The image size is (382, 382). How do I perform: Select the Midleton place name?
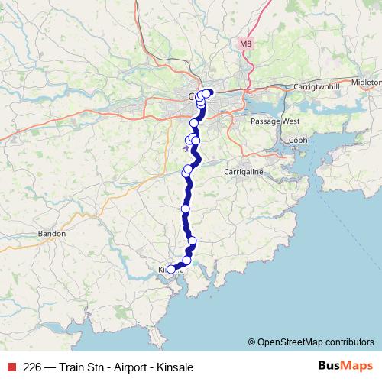[x=367, y=81]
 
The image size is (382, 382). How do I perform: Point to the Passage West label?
[x=275, y=121]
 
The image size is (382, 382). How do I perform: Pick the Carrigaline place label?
[x=243, y=172]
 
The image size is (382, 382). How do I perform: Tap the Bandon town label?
[x=52, y=234]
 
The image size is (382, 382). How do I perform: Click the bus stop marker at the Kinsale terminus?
[x=170, y=269]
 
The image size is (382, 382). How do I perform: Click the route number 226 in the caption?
[x=33, y=367]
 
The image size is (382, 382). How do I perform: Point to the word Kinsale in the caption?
[x=176, y=367]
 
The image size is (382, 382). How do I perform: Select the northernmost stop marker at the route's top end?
[x=208, y=93]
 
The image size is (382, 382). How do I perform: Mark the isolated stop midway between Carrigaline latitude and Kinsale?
[x=186, y=209]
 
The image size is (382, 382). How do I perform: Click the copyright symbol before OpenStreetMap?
[x=253, y=342]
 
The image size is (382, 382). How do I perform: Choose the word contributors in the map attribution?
[x=348, y=342]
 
